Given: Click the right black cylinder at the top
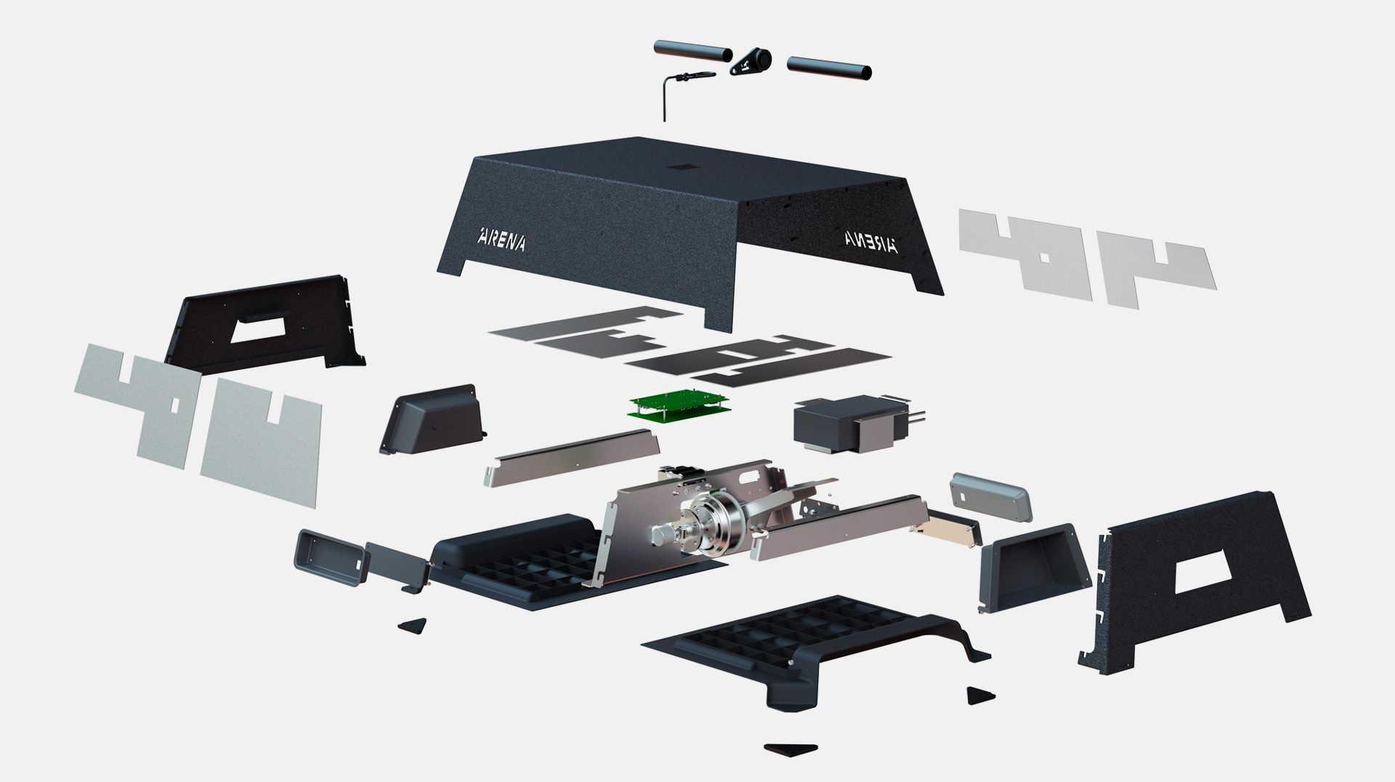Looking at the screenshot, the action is pos(829,68).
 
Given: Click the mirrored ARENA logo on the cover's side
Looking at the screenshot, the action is pos(871,241).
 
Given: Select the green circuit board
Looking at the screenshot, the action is pos(677,406).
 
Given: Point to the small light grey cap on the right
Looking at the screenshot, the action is pos(990,496).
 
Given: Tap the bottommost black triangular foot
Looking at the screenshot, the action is pos(792,749).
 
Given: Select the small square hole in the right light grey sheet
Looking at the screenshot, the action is pos(1045,257).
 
